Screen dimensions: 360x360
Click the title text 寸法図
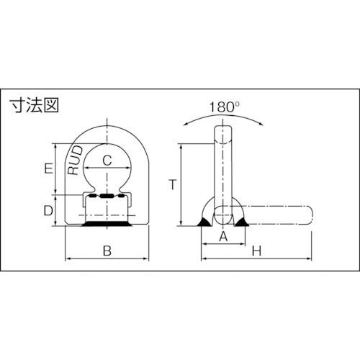click(34, 105)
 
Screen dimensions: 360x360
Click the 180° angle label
click(225, 107)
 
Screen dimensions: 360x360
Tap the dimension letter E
click(48, 168)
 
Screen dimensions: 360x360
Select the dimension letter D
click(48, 210)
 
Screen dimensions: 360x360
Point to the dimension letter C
click(107, 160)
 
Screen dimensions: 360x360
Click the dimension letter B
click(107, 251)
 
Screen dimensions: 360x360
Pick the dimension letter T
click(173, 184)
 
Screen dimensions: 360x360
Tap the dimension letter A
click(223, 237)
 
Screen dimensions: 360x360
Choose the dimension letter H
click(256, 251)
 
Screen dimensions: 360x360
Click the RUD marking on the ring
click(76, 160)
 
